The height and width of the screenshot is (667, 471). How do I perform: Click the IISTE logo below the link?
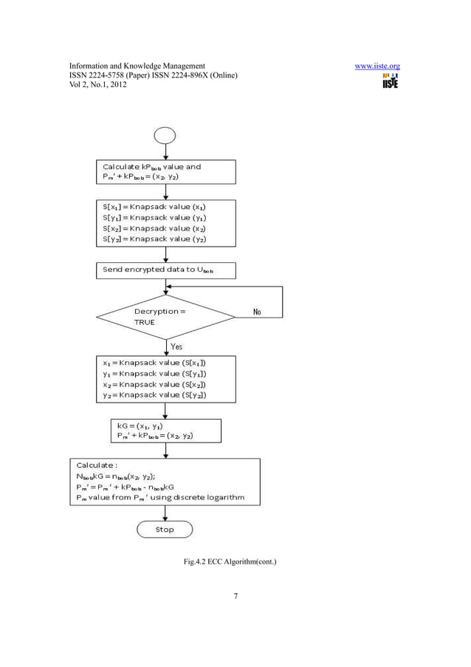point(390,81)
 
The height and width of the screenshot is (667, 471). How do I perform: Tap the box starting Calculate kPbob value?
point(166,172)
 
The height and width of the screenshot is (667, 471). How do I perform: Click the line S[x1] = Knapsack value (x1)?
point(154,208)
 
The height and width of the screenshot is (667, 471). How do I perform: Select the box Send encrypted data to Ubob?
point(166,270)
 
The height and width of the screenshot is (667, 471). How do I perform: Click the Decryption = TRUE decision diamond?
point(166,317)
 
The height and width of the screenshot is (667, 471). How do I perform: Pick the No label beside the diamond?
point(257,312)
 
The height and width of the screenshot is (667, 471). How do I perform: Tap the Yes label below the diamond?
point(177,346)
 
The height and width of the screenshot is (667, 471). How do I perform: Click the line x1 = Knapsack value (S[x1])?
point(154,363)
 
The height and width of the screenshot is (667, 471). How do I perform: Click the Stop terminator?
point(165,529)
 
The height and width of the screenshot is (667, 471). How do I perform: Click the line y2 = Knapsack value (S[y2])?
point(154,395)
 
